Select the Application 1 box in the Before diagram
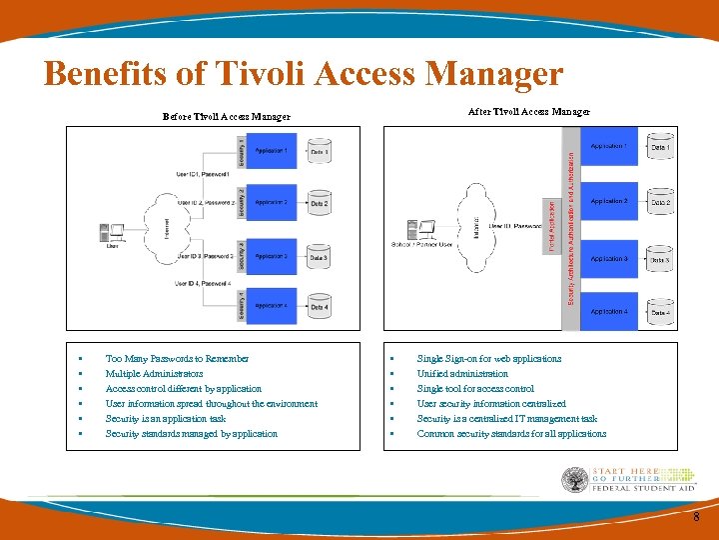(x=272, y=152)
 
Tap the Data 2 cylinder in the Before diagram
(x=319, y=203)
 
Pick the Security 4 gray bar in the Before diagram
(x=242, y=305)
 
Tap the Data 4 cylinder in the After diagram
(x=660, y=311)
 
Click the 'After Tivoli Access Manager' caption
(x=529, y=111)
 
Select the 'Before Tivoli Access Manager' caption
(x=227, y=116)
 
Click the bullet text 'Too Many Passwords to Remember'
(x=178, y=358)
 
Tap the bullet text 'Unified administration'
(x=462, y=373)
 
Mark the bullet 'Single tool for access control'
(x=475, y=388)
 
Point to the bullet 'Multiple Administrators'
(x=154, y=373)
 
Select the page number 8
(x=696, y=516)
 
